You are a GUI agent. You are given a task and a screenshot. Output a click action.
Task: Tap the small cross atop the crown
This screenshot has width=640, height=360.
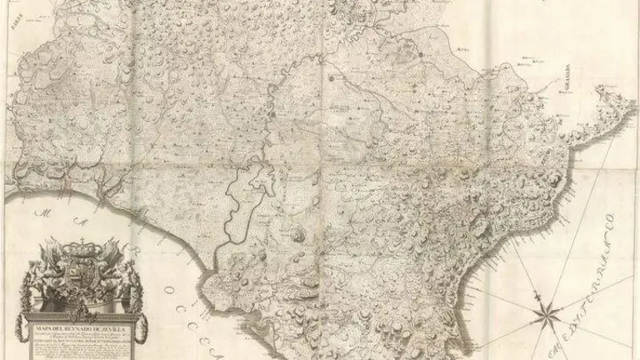coord(82,241)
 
